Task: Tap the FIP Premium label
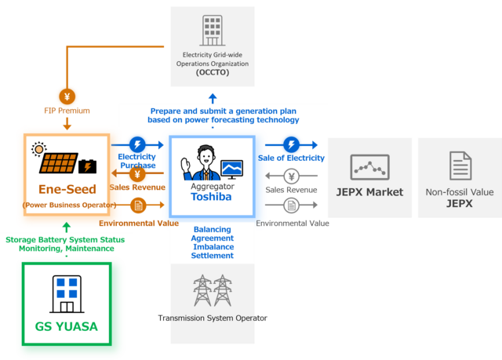[x=68, y=111]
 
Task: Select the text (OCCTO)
[x=212, y=72]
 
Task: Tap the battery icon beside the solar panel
[x=85, y=166]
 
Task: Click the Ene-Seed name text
[x=67, y=189]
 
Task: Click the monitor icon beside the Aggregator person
[x=232, y=168]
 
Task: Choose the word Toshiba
[x=213, y=198]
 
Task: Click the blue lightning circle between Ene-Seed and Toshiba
[x=138, y=145]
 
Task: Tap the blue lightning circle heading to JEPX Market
[x=291, y=145]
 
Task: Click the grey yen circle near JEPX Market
[x=290, y=175]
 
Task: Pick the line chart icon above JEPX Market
[x=369, y=166]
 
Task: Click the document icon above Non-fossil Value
[x=460, y=166]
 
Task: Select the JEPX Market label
[x=369, y=192]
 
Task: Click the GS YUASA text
[x=67, y=326]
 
